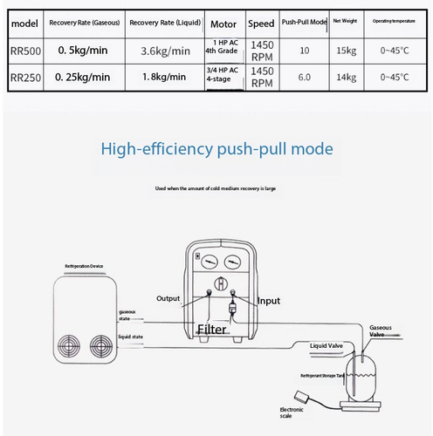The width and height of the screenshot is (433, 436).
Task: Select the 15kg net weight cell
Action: [x=347, y=51]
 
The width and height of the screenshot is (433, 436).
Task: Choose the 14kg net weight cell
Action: [x=347, y=77]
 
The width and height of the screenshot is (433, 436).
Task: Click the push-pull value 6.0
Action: [x=304, y=77]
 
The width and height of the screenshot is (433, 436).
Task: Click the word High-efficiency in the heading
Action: [x=155, y=149]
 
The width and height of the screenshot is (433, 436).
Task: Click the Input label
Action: [x=270, y=301]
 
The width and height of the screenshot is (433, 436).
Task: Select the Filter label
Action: [x=212, y=329]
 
